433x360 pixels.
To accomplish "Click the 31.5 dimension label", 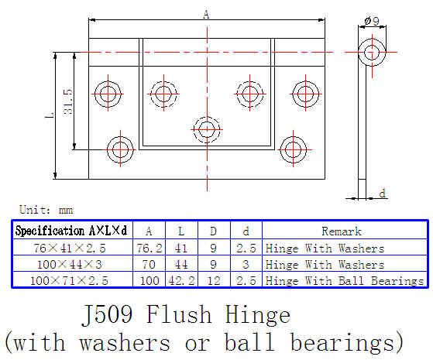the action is (x=68, y=102).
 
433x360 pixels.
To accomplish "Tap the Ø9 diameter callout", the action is (x=372, y=21).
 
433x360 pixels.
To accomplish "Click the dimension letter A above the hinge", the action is (x=206, y=15).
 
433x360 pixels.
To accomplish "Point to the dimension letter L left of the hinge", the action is (x=50, y=115).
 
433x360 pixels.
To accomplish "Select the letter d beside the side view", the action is (x=382, y=194).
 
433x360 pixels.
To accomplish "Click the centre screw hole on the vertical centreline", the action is (x=207, y=129).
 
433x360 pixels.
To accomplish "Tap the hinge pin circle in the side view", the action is (x=372, y=52).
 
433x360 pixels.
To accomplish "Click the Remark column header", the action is (x=342, y=231).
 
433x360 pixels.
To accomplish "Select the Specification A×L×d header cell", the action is (x=71, y=231).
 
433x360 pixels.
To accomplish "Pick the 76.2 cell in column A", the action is (x=149, y=249).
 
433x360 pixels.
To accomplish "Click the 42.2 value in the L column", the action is (x=181, y=281).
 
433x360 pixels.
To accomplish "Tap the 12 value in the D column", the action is (x=214, y=281).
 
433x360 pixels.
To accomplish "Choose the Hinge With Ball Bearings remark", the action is (x=345, y=281).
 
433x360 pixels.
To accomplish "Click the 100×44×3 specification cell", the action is (x=70, y=265).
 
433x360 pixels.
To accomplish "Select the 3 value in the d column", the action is (x=246, y=265).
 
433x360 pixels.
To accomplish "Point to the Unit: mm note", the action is (x=46, y=210).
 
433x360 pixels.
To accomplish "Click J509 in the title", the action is (x=107, y=315).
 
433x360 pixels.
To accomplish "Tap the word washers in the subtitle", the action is (x=125, y=343).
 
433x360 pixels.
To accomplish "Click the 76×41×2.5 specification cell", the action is (x=70, y=249).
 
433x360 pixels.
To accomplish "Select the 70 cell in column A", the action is (x=149, y=265).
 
